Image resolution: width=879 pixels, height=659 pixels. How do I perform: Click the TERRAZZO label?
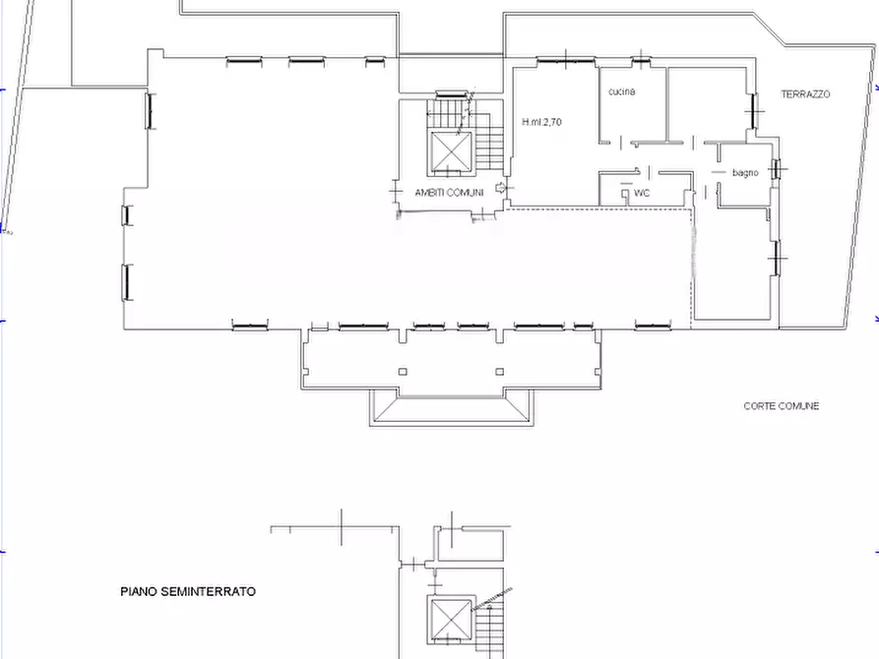pos(805,94)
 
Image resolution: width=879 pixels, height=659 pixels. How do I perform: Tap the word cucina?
pos(622,91)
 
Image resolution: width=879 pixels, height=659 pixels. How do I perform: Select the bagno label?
pos(745,172)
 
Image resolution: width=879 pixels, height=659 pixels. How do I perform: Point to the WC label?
pos(642,193)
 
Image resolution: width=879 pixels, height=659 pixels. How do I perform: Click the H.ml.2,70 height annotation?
pos(541,122)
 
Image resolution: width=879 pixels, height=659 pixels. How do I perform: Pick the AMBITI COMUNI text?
pos(449,193)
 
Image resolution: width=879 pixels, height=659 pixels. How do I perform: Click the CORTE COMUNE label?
pos(781,405)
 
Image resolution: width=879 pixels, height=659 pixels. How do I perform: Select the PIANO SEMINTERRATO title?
pos(188,591)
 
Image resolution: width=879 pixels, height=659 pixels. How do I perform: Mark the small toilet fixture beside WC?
pos(625,194)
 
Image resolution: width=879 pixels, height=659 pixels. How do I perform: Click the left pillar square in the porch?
pos(403,372)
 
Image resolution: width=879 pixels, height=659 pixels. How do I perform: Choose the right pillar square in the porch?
pos(499,372)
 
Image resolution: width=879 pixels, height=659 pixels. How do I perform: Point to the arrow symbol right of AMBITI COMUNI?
pos(500,187)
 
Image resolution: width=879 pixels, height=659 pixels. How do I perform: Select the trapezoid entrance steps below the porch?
pos(452,408)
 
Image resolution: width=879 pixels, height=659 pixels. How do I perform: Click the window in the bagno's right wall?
pos(777,168)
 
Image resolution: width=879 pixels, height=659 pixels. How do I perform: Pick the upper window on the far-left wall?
pos(149,111)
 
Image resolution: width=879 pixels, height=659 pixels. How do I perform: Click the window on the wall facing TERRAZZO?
pos(755,111)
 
